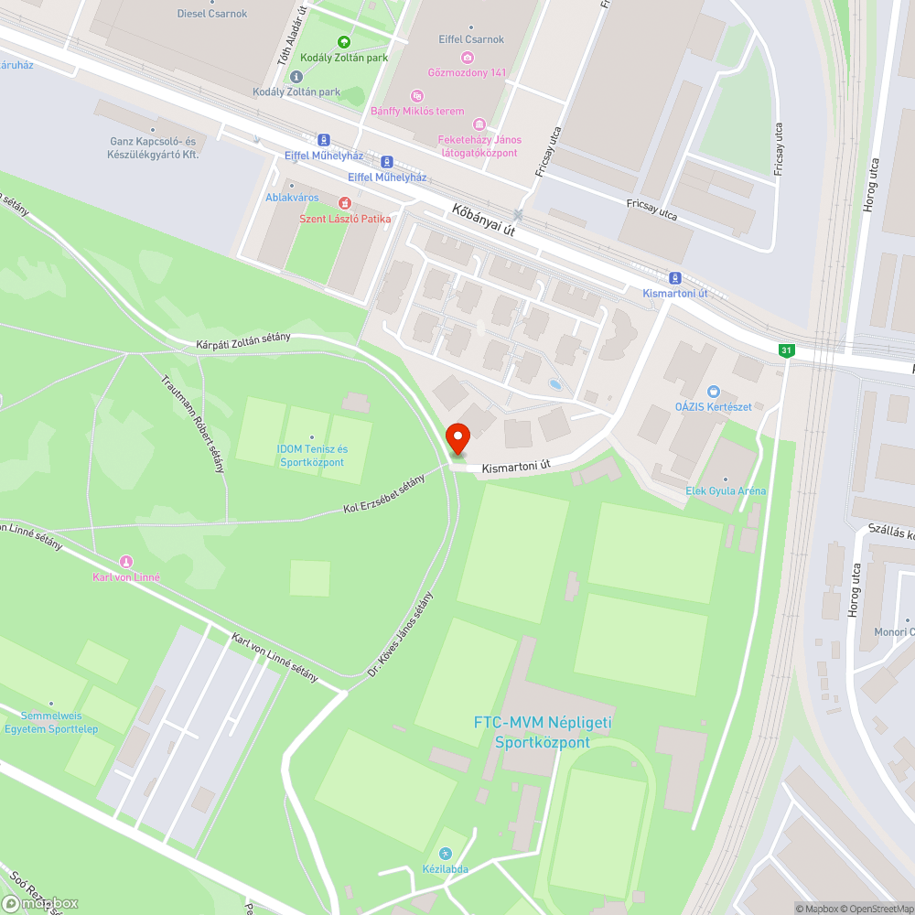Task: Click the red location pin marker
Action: click(x=457, y=437)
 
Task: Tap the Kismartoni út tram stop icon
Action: click(x=675, y=278)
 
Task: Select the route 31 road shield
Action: click(x=785, y=350)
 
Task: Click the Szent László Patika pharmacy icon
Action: click(x=345, y=202)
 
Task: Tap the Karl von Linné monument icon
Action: click(x=126, y=561)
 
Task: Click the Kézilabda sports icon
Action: click(x=446, y=853)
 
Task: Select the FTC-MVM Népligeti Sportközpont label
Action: click(x=543, y=732)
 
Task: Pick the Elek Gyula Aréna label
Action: click(x=726, y=491)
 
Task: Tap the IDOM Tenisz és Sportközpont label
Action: click(x=312, y=455)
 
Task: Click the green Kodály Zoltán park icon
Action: click(x=344, y=41)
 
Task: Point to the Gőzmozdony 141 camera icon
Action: click(x=467, y=57)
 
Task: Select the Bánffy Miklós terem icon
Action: click(x=417, y=95)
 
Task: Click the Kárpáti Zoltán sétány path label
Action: click(x=243, y=340)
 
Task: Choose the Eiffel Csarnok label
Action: click(x=471, y=39)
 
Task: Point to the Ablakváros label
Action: click(x=292, y=198)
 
